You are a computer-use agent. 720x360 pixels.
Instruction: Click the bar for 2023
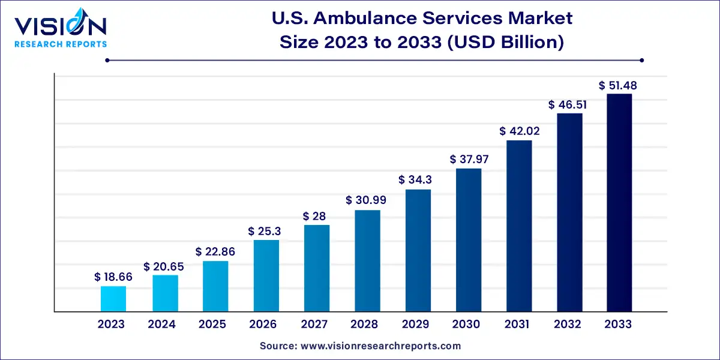click(x=113, y=299)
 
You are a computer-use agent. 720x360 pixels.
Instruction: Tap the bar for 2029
click(x=418, y=250)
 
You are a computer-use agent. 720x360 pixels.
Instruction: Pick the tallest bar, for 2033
click(x=619, y=203)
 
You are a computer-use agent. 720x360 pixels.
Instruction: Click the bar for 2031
click(x=518, y=226)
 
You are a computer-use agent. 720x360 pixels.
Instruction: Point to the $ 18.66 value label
click(x=113, y=277)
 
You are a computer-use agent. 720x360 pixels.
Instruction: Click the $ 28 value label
click(x=316, y=215)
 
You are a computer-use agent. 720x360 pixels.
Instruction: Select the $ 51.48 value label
click(x=618, y=85)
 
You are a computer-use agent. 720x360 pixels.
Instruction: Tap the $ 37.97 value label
click(x=468, y=159)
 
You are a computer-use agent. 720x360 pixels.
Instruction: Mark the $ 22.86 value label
click(x=215, y=252)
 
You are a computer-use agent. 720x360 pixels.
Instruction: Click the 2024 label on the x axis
click(x=161, y=325)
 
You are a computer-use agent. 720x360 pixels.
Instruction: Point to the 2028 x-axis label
click(x=364, y=325)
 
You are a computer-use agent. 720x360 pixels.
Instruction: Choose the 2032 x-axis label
click(x=568, y=325)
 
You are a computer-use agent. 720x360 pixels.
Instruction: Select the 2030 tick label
click(x=466, y=325)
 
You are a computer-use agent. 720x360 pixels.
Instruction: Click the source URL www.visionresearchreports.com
click(x=382, y=346)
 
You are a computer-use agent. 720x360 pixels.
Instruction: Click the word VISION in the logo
click(x=60, y=26)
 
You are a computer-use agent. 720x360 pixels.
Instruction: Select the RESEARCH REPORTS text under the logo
click(x=60, y=44)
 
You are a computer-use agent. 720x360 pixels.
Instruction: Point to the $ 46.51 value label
click(x=568, y=104)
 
